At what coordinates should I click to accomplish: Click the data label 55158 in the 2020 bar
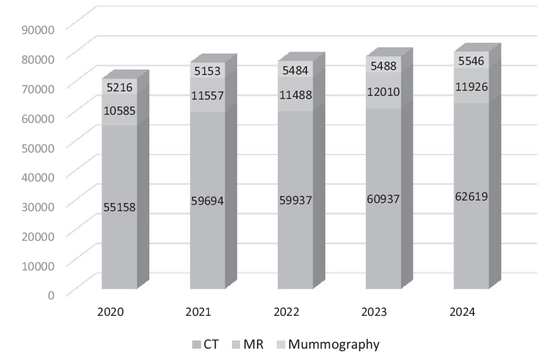[119, 206]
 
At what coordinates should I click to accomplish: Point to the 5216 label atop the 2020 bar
[119, 88]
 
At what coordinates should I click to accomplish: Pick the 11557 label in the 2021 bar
[207, 95]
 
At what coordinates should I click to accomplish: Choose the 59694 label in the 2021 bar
[207, 201]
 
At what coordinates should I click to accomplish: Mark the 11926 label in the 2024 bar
[470, 86]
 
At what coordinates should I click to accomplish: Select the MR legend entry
[246, 345]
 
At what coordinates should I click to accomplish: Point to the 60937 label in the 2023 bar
[383, 199]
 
